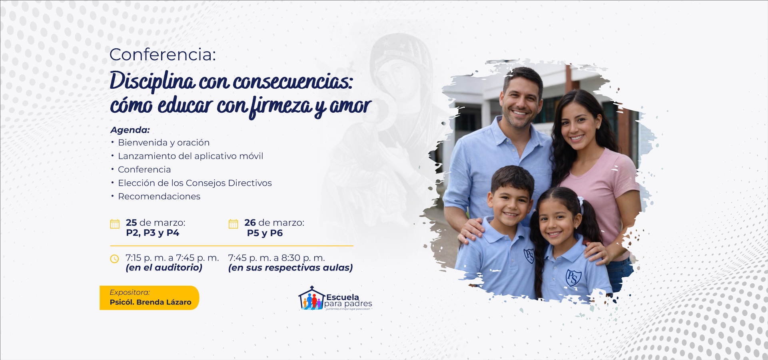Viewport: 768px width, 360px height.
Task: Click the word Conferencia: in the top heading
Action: click(x=162, y=55)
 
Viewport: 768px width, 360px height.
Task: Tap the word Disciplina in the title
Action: click(x=152, y=81)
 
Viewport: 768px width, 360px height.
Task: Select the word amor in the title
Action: click(x=350, y=105)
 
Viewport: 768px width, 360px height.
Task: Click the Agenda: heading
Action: click(x=130, y=130)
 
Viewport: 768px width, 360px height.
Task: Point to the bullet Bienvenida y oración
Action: click(x=164, y=143)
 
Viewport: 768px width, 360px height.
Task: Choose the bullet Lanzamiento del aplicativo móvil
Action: click(x=190, y=156)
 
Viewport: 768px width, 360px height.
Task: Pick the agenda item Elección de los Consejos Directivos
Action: click(x=195, y=183)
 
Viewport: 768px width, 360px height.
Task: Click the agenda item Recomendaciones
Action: click(x=159, y=197)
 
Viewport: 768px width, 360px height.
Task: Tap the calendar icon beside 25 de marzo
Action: click(x=115, y=224)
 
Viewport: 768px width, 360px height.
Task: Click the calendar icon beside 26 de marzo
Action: click(x=233, y=224)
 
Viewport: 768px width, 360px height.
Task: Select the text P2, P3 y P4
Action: click(x=152, y=233)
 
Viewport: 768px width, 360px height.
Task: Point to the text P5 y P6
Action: click(x=265, y=233)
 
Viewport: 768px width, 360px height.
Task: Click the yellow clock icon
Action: click(x=114, y=259)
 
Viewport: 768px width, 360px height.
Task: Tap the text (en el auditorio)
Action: click(x=164, y=268)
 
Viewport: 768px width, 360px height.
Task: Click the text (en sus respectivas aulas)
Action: click(x=290, y=268)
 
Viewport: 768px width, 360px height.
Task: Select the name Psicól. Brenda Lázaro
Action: click(x=150, y=302)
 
